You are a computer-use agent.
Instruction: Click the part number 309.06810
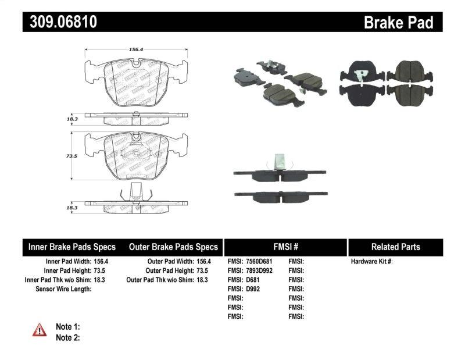[x=60, y=22]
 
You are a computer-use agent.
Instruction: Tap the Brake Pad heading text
[x=398, y=23]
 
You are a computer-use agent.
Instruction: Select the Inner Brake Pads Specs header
[x=72, y=247]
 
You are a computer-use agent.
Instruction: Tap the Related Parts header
[x=395, y=247]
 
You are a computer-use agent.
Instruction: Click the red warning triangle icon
[x=40, y=331]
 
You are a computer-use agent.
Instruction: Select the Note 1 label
[x=67, y=327]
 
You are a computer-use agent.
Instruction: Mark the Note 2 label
[x=67, y=337]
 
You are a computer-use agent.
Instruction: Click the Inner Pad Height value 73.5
[x=102, y=271]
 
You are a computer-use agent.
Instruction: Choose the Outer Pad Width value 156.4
[x=203, y=262]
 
